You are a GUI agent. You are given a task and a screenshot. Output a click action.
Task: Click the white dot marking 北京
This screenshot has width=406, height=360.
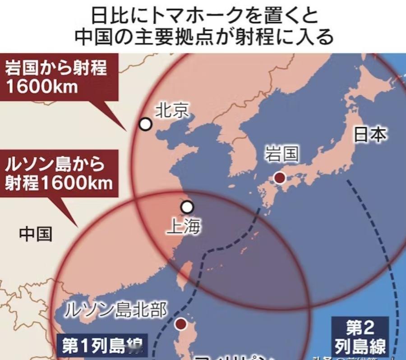tap(145, 124)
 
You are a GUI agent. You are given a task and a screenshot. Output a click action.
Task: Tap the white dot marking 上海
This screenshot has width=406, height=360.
tap(187, 207)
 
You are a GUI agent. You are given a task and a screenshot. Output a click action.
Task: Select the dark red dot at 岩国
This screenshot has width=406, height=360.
tap(280, 178)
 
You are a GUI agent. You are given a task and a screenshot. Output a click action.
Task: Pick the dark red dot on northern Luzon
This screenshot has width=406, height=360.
tap(181, 323)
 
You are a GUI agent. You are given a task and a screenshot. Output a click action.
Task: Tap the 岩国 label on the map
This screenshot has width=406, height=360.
tap(282, 154)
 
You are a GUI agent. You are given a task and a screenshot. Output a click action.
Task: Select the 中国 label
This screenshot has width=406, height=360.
tap(36, 234)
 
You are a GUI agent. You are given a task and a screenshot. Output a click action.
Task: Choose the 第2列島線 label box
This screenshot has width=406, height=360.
tap(360, 337)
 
